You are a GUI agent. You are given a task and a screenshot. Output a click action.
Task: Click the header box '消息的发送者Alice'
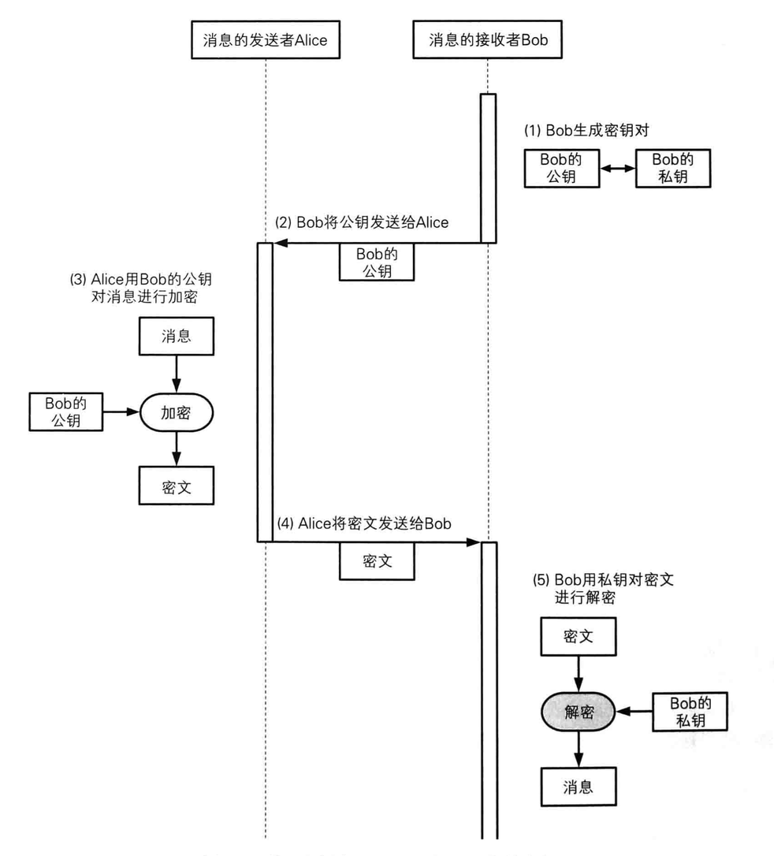pos(266,40)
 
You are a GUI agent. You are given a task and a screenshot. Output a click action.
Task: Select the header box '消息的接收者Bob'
pos(487,39)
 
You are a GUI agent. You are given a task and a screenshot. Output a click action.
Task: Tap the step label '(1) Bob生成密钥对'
pos(586,131)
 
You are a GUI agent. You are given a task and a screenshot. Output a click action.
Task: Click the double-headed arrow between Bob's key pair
pos(618,169)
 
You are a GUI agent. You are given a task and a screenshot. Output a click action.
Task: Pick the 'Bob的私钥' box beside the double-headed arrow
pos(673,168)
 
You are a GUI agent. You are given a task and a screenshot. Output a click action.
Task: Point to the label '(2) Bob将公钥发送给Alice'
pos(361,222)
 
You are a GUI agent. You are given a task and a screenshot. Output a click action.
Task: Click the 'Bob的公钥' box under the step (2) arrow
pos(377,262)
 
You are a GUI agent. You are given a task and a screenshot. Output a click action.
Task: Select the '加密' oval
pos(177,413)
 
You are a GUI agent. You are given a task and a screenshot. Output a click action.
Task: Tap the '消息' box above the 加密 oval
pos(177,336)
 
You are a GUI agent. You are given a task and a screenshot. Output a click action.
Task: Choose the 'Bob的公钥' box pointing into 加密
pos(66,411)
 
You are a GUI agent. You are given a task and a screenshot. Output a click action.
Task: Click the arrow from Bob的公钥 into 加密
pos(121,411)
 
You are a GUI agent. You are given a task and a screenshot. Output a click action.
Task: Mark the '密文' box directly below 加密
pos(177,486)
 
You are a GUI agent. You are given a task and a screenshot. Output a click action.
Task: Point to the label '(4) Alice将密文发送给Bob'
pos(364,523)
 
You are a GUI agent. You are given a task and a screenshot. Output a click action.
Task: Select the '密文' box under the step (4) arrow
pos(377,560)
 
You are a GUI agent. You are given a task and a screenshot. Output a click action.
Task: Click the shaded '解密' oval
pos(579,711)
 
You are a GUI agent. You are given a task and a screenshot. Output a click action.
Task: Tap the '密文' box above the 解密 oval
pos(579,637)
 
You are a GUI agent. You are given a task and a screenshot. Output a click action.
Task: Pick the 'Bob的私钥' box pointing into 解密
pos(690,711)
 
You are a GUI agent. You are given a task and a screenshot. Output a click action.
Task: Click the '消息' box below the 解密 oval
pos(579,787)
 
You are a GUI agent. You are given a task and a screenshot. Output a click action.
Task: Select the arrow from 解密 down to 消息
pos(579,749)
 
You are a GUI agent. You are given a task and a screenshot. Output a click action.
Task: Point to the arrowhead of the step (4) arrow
pos(474,542)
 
